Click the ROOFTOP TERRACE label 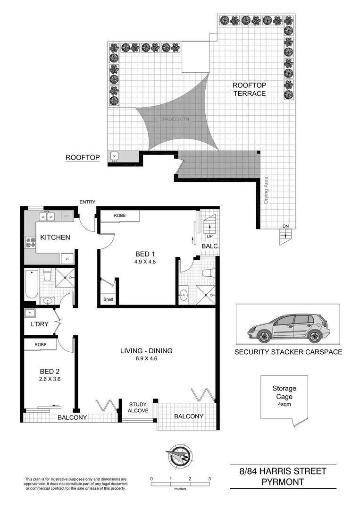point(249,89)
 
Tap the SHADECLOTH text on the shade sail point(175,119)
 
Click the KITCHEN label point(55,237)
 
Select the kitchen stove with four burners point(31,243)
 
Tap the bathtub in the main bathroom point(31,283)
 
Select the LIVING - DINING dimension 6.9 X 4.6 point(146,359)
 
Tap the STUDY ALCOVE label point(139,407)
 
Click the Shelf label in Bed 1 point(108,299)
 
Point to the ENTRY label point(87,202)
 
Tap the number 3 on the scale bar point(209,479)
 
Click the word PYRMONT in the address point(282,482)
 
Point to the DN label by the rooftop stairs point(285,226)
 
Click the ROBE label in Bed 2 point(40,345)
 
